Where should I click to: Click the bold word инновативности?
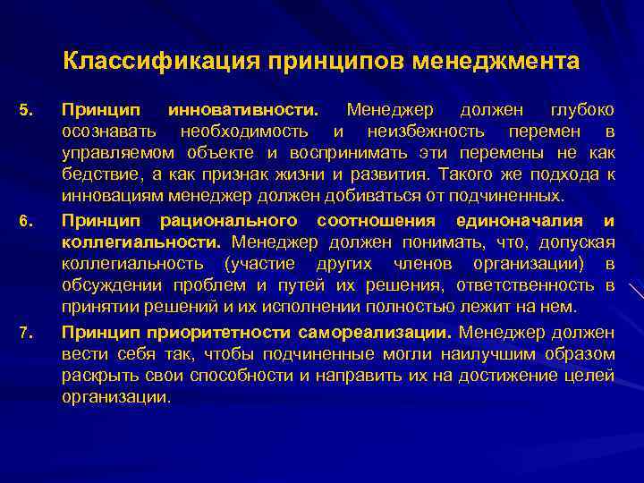(x=241, y=110)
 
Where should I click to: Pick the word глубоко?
(x=581, y=110)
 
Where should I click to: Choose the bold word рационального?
(x=232, y=221)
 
